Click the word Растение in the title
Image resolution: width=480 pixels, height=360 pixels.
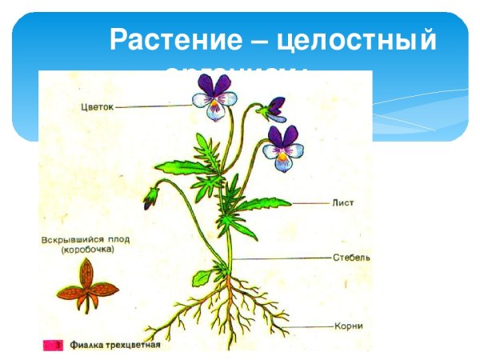pos(165,39)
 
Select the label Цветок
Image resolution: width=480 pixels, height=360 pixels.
pos(98,106)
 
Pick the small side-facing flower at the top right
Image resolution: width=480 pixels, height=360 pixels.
pos(276,106)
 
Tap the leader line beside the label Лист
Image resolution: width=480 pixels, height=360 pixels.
pos(308,203)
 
